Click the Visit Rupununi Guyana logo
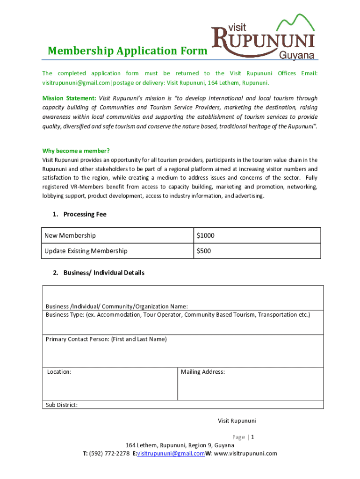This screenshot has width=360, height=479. coord(264,37)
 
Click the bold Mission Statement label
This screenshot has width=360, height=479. coord(69,98)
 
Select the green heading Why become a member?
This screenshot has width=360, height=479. coord(76,151)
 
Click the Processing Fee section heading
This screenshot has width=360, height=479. coord(85,214)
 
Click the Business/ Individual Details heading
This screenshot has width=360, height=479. coord(104,273)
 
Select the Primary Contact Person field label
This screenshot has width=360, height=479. coord(106,339)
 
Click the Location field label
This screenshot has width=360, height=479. coord(59,372)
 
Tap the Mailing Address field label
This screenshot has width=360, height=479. coord(203,372)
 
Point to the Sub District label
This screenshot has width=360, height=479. coord(62,405)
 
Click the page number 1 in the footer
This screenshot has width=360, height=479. coord(252,437)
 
